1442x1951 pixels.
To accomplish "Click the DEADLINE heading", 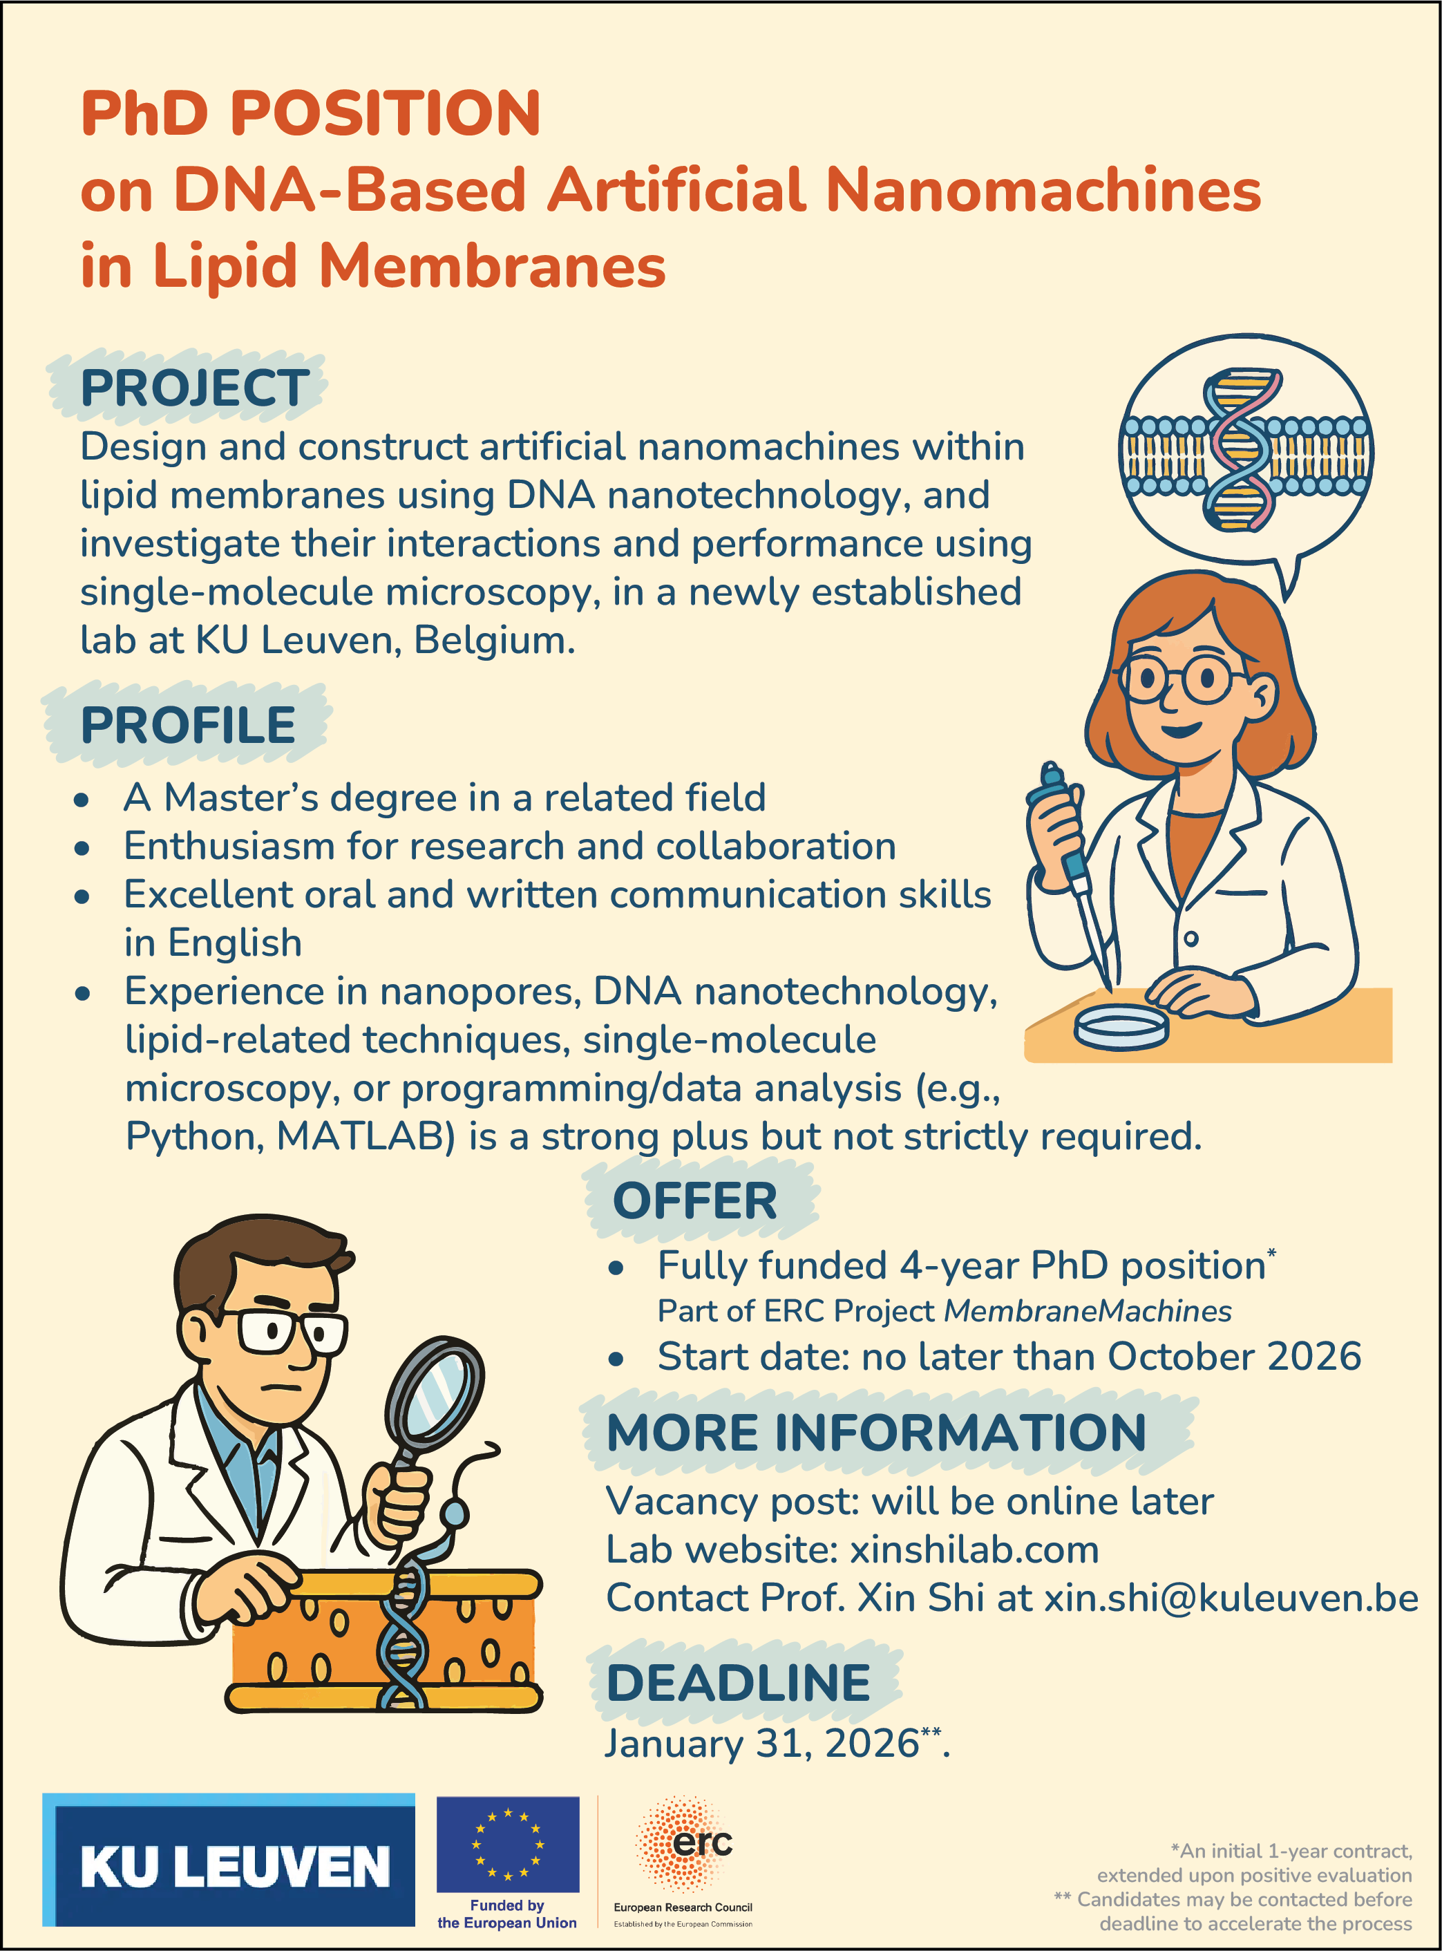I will pyautogui.click(x=739, y=1683).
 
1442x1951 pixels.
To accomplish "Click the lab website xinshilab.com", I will pyautogui.click(x=974, y=1550).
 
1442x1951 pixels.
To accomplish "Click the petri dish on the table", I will pyautogui.click(x=1121, y=1026).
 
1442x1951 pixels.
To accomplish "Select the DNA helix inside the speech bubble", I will pyautogui.click(x=1244, y=451).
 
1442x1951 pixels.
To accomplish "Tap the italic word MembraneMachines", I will pyautogui.click(x=1088, y=1311).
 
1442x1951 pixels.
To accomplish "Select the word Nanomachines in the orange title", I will pyautogui.click(x=1043, y=189).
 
